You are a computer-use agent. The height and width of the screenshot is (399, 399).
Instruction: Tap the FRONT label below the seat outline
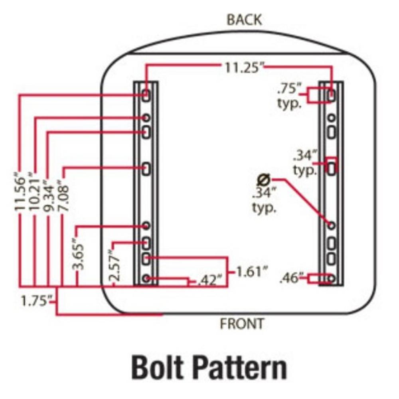click(x=242, y=323)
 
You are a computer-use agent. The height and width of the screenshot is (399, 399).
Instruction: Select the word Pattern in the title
click(x=245, y=367)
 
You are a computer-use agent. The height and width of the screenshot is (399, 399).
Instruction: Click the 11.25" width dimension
click(x=244, y=67)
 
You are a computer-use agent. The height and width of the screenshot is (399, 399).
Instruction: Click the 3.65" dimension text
click(x=79, y=254)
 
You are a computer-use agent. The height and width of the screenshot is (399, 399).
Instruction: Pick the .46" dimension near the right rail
click(x=292, y=278)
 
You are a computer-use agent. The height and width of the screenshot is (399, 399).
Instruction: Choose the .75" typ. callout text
click(x=289, y=96)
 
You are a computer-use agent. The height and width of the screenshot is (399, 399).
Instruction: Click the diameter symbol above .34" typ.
click(x=264, y=179)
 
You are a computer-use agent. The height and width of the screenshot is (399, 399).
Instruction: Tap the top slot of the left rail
click(x=146, y=95)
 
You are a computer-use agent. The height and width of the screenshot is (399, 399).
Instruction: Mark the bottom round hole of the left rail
click(x=146, y=278)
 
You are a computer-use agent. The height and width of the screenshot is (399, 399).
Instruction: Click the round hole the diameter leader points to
click(x=331, y=226)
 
